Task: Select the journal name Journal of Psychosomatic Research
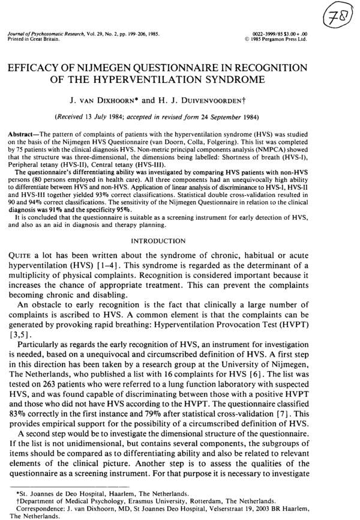pos(45,36)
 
